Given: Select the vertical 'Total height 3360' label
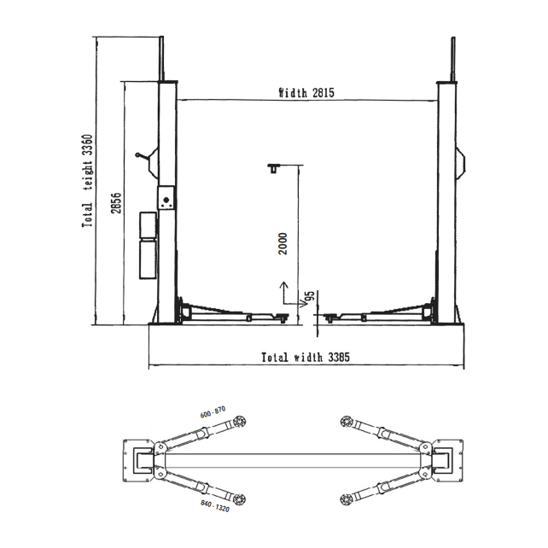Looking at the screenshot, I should click(x=87, y=180).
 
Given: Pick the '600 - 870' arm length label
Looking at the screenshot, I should click(x=213, y=412).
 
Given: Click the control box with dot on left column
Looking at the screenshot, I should click(x=166, y=201).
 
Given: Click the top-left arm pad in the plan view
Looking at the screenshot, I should click(x=241, y=420).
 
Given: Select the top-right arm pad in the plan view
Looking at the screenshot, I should click(x=347, y=420).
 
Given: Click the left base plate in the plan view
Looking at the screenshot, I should click(x=137, y=459).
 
